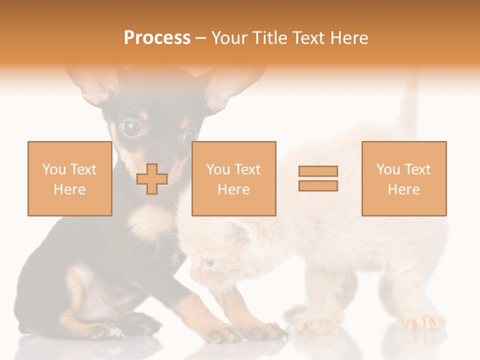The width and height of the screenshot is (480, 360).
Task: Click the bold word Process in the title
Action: point(157,38)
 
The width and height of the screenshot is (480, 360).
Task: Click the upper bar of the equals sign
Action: point(318,171)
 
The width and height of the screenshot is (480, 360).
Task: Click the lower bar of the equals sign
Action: point(318,186)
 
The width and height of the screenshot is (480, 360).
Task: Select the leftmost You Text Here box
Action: point(69,178)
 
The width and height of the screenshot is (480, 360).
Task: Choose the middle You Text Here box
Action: point(233,178)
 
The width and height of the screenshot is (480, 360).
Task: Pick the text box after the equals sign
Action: point(403,178)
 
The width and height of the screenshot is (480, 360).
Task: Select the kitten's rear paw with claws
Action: point(420,320)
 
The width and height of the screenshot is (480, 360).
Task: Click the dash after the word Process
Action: point(201,38)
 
